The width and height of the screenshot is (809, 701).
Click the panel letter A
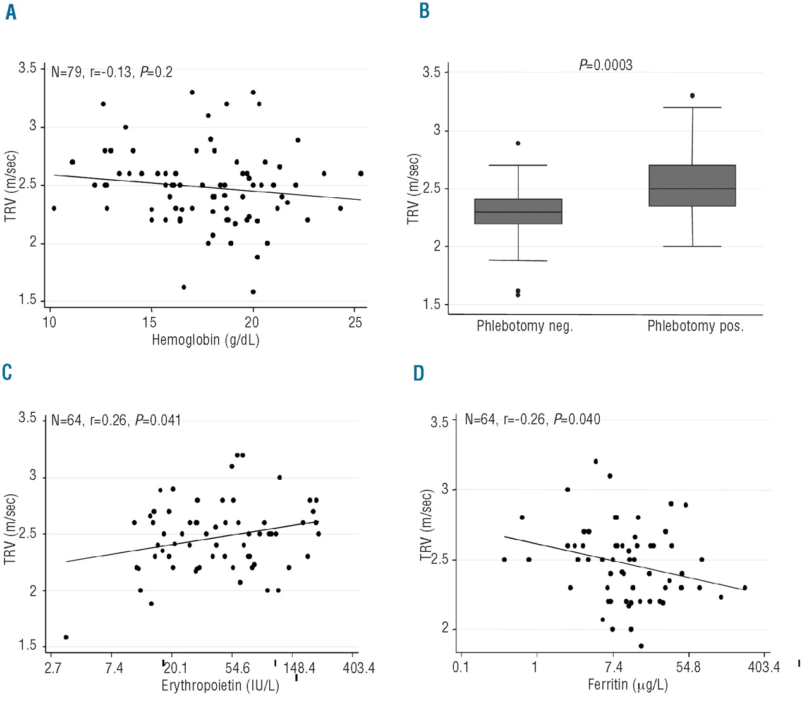pyautogui.click(x=10, y=12)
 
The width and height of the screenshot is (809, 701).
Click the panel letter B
pyautogui.click(x=424, y=11)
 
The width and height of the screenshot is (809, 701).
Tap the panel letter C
pyautogui.click(x=8, y=372)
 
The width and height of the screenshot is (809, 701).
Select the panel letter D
pyautogui.click(x=418, y=373)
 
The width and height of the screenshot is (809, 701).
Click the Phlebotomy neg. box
pyautogui.click(x=518, y=211)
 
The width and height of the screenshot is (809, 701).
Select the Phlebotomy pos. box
pyautogui.click(x=692, y=185)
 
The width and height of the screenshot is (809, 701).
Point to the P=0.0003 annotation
pyautogui.click(x=605, y=65)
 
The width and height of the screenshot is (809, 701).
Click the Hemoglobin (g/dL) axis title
pyautogui.click(x=205, y=340)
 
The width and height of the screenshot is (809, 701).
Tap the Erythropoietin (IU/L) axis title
pyautogui.click(x=220, y=685)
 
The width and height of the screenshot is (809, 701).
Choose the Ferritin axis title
pyautogui.click(x=628, y=684)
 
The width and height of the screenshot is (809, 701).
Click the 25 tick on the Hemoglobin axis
pyautogui.click(x=355, y=322)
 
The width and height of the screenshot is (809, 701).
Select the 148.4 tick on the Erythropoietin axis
pyautogui.click(x=299, y=668)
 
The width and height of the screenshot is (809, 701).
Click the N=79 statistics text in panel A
pyautogui.click(x=112, y=72)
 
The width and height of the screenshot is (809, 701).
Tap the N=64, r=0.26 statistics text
pyautogui.click(x=116, y=420)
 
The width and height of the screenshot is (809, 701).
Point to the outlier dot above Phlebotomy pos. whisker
pyautogui.click(x=692, y=95)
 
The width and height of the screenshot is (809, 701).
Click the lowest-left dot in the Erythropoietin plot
pyautogui.click(x=66, y=637)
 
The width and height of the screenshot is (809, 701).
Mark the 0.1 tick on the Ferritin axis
pyautogui.click(x=461, y=667)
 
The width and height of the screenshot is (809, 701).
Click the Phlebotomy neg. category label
pyautogui.click(x=525, y=326)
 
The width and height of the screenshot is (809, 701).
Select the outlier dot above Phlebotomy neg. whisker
pyautogui.click(x=518, y=143)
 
